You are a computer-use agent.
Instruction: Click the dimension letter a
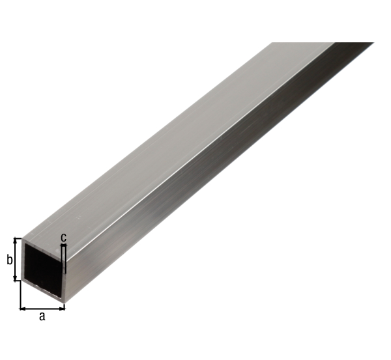click(42, 316)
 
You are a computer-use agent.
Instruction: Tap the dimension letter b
click(9, 260)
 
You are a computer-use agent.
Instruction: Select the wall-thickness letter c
click(64, 238)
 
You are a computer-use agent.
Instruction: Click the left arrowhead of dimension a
click(22, 309)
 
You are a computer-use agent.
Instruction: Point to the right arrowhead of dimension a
click(63, 309)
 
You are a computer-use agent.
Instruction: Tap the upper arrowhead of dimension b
click(16, 242)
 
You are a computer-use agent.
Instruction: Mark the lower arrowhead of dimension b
click(16, 278)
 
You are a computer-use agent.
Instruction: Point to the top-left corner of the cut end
click(22, 238)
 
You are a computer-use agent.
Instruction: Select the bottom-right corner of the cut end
click(65, 303)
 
